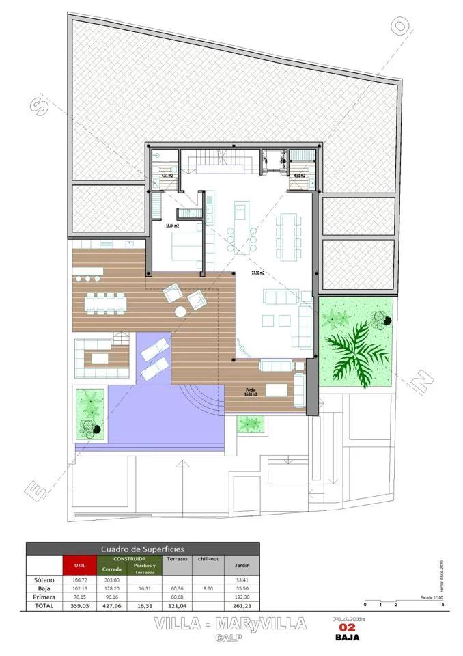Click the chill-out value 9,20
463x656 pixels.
click(208, 587)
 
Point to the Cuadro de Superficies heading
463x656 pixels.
click(143, 548)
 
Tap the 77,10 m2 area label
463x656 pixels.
click(257, 273)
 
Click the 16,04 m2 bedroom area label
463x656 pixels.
click(172, 225)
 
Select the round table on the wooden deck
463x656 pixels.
click(180, 312)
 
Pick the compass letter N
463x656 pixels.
click(424, 378)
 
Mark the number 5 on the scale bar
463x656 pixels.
click(443, 605)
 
